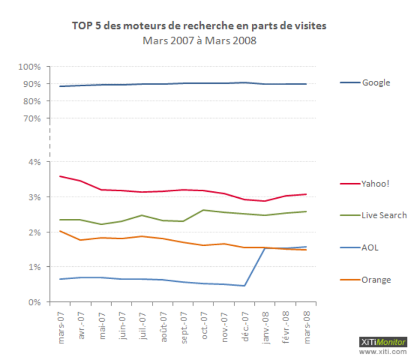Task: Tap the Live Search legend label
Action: (384, 216)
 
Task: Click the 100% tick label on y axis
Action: (29, 67)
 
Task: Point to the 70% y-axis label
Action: (32, 119)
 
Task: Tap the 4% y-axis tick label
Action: (34, 162)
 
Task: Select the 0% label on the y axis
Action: (34, 302)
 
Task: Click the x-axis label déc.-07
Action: (245, 327)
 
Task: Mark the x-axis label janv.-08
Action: (266, 328)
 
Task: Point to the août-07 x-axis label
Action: (163, 327)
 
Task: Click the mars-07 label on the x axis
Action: (61, 328)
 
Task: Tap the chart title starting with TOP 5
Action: (199, 26)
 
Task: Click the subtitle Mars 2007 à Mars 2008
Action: (199, 40)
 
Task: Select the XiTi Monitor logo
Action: (383, 342)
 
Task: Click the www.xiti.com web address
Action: (383, 351)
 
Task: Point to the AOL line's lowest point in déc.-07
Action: (245, 286)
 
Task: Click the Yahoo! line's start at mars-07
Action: (60, 176)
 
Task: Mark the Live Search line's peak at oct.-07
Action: (204, 210)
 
